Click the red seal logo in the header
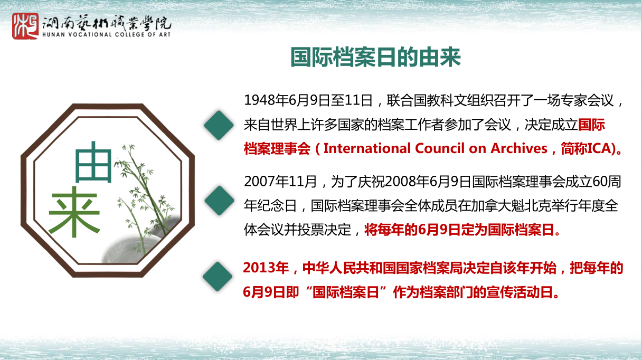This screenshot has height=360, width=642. point(25,26)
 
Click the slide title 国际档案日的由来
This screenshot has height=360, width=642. point(376,58)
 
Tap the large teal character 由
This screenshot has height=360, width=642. point(93,162)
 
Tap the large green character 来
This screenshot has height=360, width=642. point(74,212)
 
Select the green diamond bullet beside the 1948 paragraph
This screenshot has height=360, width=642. point(219,125)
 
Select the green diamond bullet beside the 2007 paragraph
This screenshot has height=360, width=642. point(219,201)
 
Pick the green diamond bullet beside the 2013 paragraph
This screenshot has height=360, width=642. point(218,277)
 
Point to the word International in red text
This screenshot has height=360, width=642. point(367,148)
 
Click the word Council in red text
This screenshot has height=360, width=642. point(440,148)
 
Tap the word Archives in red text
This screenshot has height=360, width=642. point(519,148)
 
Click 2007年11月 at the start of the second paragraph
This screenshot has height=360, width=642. point(280,182)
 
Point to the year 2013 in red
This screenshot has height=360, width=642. point(259,268)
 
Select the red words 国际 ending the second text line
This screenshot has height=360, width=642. point(591,125)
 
